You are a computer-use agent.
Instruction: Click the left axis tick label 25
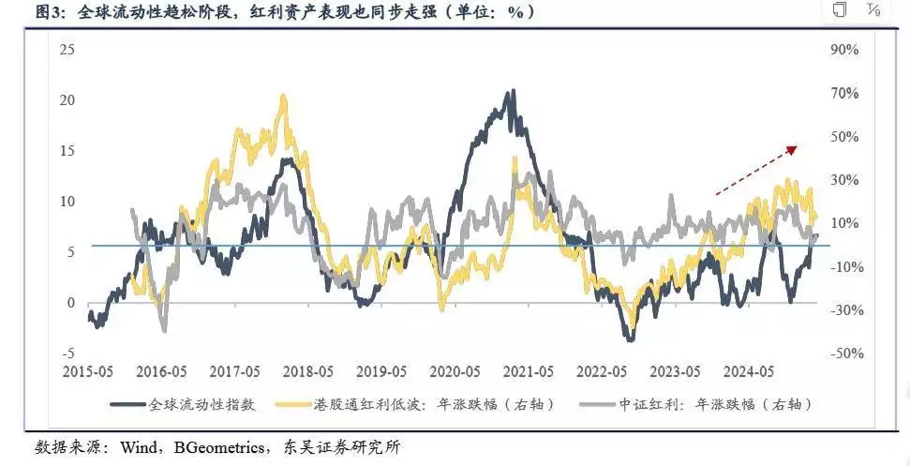tap(67, 49)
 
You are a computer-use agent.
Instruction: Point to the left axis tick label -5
tap(67, 353)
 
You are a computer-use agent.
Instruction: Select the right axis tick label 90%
tap(845, 49)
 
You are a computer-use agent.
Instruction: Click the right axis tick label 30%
tap(845, 179)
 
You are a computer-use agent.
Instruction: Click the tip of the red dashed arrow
tap(797, 147)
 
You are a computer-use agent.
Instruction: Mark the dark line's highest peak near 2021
tap(511, 91)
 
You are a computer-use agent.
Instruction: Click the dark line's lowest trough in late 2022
tap(630, 338)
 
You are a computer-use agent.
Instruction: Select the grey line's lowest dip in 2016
tap(165, 330)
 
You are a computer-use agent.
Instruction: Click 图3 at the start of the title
tap(22, 12)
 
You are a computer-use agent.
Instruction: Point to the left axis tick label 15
tap(67, 150)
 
